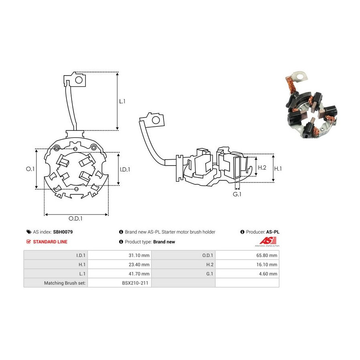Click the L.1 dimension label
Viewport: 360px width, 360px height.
122,101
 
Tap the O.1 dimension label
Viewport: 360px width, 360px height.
30,169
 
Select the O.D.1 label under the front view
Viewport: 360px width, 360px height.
76,218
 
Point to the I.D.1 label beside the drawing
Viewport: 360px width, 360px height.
125,170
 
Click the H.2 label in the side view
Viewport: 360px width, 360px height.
262,168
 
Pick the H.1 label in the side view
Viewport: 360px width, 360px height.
278,169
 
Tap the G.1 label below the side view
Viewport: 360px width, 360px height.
237,194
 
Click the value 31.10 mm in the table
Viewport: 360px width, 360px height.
139,255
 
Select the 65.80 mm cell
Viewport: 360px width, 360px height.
267,255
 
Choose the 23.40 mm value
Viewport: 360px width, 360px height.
139,264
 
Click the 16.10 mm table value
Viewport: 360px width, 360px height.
267,264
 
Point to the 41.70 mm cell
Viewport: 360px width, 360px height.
139,274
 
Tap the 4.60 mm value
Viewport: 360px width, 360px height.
268,274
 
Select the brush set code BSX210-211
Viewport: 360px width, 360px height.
135,283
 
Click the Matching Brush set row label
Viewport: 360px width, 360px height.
65,283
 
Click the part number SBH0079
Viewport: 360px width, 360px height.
63,232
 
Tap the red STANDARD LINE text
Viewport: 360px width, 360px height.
50,242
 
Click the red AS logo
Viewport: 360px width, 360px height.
268,241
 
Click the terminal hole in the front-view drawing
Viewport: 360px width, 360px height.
79,80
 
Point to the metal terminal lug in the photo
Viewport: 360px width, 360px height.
299,77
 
